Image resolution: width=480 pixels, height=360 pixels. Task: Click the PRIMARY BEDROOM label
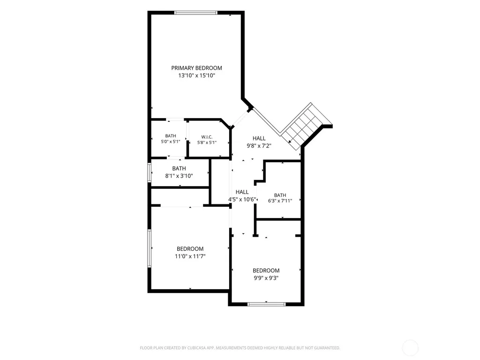tap(196, 68)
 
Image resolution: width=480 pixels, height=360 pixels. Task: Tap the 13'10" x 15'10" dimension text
tap(197, 75)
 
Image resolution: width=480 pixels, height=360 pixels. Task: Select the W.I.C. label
tap(207, 137)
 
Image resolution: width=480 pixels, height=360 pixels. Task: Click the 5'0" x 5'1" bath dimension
tap(171, 142)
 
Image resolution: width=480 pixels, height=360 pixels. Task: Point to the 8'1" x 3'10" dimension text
tap(179, 176)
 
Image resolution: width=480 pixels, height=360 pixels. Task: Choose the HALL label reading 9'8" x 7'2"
tap(259, 138)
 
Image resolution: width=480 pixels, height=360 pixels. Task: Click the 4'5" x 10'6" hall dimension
tap(242, 200)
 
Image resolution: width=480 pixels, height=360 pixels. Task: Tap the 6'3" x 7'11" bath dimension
tap(280, 201)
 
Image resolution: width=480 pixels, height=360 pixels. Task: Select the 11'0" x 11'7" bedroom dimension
tap(190, 256)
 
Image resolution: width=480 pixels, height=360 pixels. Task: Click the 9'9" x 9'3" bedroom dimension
tap(266, 278)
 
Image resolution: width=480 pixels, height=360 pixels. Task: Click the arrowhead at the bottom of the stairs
tap(290, 142)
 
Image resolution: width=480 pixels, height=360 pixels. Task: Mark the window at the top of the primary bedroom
tap(196, 13)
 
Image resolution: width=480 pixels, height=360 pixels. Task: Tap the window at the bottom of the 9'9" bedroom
tap(266, 304)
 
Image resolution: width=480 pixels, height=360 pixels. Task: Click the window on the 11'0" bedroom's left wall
tap(150, 248)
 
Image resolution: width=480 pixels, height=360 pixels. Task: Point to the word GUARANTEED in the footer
tap(328, 348)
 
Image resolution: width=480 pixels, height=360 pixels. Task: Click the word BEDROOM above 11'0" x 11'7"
tap(190, 249)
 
